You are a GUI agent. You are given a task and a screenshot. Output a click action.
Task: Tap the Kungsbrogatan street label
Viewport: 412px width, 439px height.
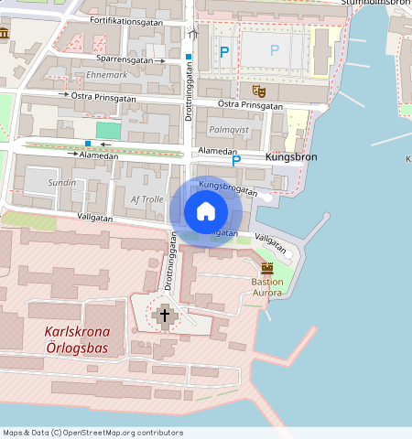pyautogui.click(x=227, y=187)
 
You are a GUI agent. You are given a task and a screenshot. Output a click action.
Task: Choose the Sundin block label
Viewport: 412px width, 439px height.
pyautogui.click(x=62, y=183)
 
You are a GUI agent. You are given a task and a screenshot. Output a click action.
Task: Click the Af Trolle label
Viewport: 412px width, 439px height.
pyautogui.click(x=146, y=199)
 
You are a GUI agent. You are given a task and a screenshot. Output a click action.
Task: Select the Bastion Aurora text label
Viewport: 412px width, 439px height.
pyautogui.click(x=267, y=287)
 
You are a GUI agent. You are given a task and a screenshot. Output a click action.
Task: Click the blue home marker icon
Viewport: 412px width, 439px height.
pyautogui.click(x=206, y=211)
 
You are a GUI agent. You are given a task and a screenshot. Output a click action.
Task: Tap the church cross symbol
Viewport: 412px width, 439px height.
pyautogui.click(x=165, y=316)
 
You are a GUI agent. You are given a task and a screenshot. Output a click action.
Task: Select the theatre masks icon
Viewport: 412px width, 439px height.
pyautogui.click(x=258, y=91)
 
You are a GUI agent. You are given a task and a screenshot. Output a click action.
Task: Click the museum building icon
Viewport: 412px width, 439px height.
pyautogui.click(x=5, y=34)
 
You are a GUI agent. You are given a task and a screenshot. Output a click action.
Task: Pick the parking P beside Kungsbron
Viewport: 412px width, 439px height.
pyautogui.click(x=236, y=160)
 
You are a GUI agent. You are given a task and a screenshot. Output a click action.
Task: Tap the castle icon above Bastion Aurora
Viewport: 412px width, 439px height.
pyautogui.click(x=267, y=268)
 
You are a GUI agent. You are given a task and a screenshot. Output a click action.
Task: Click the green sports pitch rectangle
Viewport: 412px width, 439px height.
pyautogui.click(x=109, y=131)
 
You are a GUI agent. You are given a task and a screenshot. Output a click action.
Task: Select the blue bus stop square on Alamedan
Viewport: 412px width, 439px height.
pyautogui.click(x=88, y=144)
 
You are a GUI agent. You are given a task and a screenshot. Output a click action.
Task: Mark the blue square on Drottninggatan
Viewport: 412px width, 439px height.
pyautogui.click(x=189, y=57)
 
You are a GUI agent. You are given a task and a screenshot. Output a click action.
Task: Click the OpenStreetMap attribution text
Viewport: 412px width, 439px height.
pyautogui.click(x=92, y=433)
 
